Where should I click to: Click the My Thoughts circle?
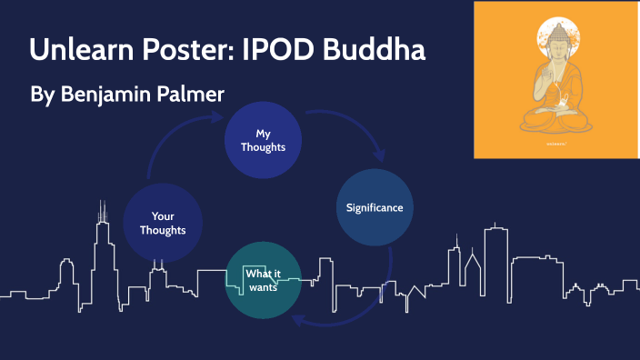coord(263,139)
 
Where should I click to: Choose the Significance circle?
coord(374,207)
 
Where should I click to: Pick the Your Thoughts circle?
coord(163,223)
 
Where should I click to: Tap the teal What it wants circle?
coord(263,280)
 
